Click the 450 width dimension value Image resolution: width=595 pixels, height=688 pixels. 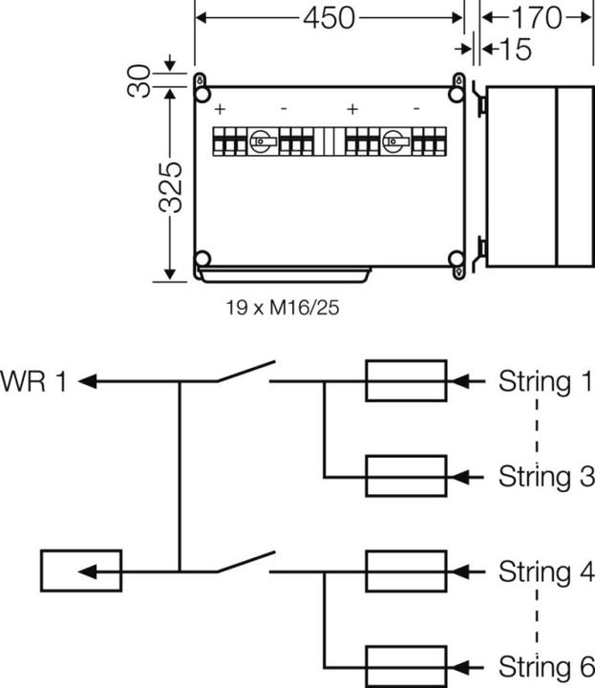coord(329,17)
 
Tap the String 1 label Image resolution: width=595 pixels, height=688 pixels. coord(545,382)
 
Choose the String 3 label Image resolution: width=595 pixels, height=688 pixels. coord(545,476)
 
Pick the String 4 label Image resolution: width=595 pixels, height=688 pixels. coord(545,571)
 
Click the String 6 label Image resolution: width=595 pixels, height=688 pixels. coord(545,665)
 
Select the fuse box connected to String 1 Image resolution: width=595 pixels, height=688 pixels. coord(406,381)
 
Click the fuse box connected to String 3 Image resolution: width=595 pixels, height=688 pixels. coord(406,476)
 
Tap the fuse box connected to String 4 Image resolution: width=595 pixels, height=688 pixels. coord(406,571)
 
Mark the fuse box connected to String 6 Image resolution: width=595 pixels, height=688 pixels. coord(406,665)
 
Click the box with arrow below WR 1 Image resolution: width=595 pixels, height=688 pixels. coord(80,570)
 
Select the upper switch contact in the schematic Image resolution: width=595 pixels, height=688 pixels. coord(244,373)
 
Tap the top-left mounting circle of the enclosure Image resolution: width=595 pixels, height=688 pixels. coord(202,96)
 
